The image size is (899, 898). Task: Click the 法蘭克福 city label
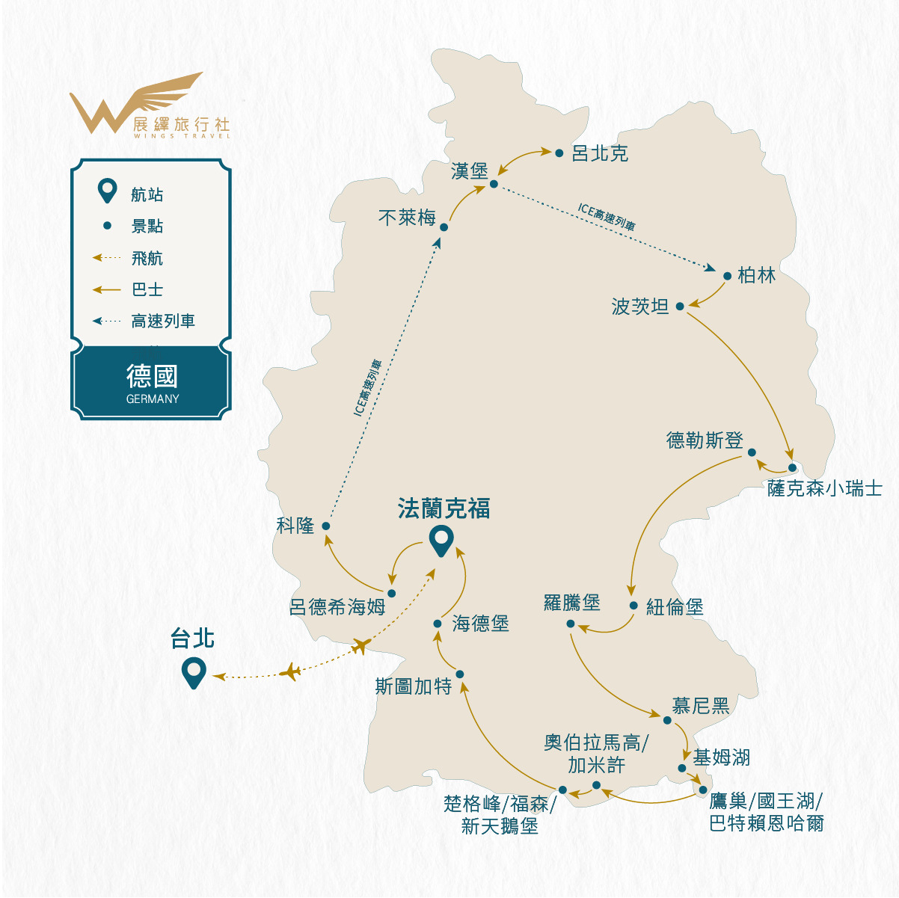click(x=444, y=509)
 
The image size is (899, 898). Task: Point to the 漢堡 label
click(x=470, y=170)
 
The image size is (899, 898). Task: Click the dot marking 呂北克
click(x=559, y=153)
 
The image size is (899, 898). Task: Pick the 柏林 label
click(x=757, y=275)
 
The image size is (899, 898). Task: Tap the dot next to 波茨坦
click(x=680, y=306)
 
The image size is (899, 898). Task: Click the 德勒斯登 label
click(x=705, y=440)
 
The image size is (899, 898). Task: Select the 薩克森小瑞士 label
click(x=825, y=488)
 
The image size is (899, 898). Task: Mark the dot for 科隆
click(x=326, y=526)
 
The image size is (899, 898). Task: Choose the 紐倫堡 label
click(x=675, y=607)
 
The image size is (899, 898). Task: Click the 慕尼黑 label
click(x=701, y=705)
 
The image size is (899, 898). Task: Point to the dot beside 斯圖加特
click(x=460, y=674)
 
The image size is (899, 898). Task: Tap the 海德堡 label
click(x=481, y=624)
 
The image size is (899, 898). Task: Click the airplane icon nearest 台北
click(x=289, y=672)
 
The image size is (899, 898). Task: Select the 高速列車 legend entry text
click(x=163, y=322)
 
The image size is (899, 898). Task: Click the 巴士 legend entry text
click(x=147, y=289)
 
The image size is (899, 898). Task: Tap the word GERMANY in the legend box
click(x=153, y=399)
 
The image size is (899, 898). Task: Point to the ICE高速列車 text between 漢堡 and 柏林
click(x=607, y=215)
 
